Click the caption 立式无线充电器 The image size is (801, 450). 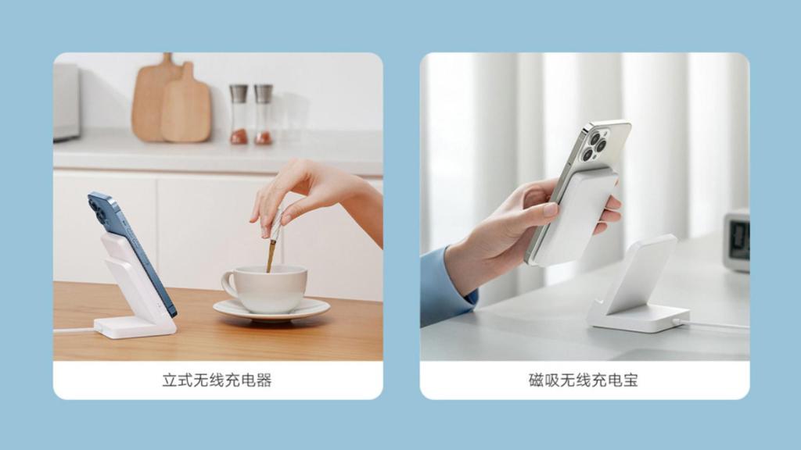click(x=217, y=381)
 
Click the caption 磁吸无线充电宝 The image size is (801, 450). click(x=584, y=381)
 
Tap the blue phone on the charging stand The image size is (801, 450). click(x=133, y=242)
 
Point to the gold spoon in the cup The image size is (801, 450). click(x=271, y=246)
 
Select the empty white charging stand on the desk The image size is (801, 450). click(x=638, y=289)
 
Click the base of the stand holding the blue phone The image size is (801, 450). click(x=135, y=326)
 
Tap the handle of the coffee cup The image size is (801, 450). click(x=229, y=284)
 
